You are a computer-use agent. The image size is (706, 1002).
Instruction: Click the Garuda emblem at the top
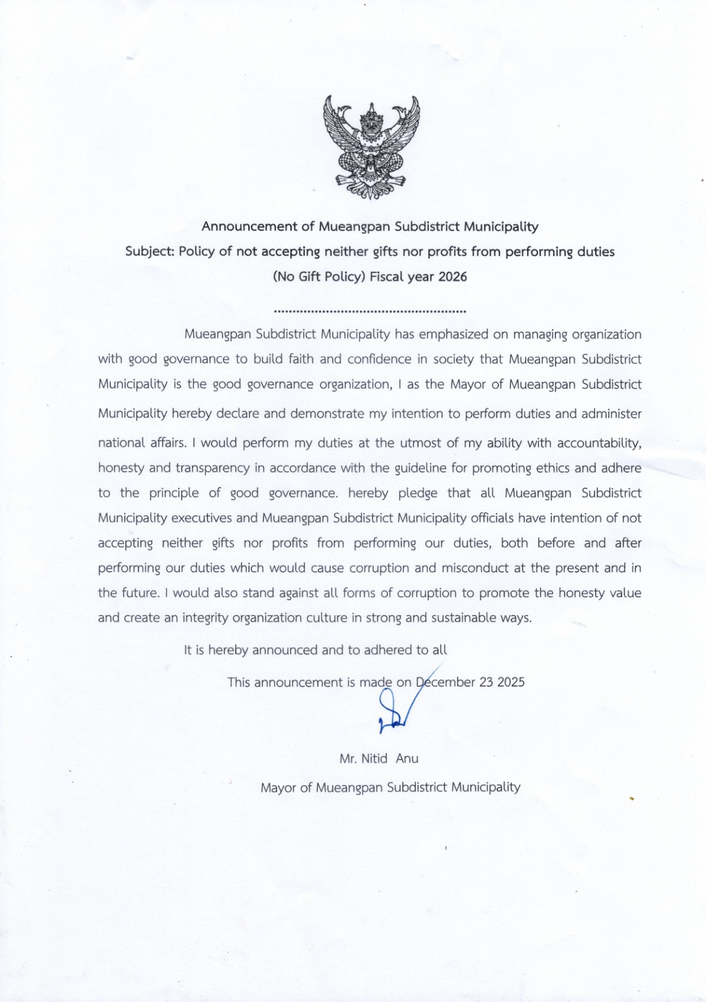[371, 147]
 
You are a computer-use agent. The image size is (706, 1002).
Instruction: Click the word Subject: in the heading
[149, 251]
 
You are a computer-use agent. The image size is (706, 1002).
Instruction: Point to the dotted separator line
[369, 311]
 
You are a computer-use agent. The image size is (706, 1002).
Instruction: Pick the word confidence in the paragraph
[379, 359]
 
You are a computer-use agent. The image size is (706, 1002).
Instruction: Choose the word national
[122, 443]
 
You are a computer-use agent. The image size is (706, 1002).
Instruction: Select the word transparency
[212, 468]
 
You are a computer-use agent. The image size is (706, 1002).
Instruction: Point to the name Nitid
[374, 759]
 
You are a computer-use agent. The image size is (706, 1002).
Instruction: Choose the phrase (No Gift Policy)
[319, 276]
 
